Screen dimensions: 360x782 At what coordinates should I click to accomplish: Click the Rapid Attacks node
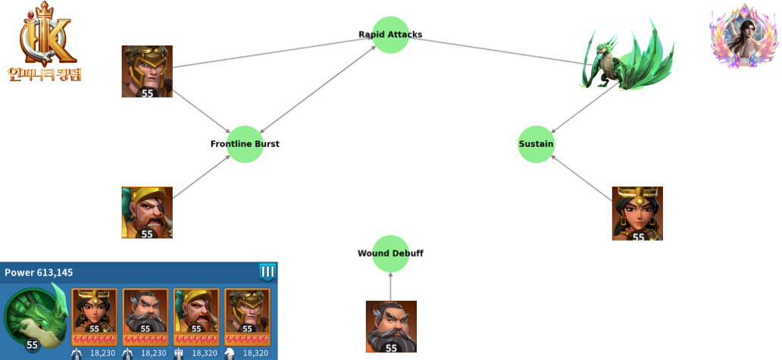tap(390, 35)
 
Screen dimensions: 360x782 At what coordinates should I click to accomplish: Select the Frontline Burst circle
tap(245, 144)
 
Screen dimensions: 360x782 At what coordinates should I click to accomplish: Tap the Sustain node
tap(536, 144)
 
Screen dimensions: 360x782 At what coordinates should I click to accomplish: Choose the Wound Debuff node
tap(390, 253)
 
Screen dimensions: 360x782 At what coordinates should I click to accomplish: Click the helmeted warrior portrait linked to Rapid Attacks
tap(147, 71)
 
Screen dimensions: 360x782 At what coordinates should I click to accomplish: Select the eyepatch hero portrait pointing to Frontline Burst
tap(147, 213)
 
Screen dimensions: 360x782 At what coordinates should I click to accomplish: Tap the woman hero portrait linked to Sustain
tap(637, 214)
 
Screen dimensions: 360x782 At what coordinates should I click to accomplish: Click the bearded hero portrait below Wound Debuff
tap(391, 327)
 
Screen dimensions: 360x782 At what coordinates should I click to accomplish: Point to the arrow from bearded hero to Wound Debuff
tap(391, 286)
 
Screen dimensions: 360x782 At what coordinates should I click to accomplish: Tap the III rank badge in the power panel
tap(267, 271)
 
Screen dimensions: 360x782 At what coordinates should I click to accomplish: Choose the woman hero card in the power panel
tap(94, 311)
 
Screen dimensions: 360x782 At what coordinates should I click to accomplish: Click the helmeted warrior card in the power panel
tap(248, 311)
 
